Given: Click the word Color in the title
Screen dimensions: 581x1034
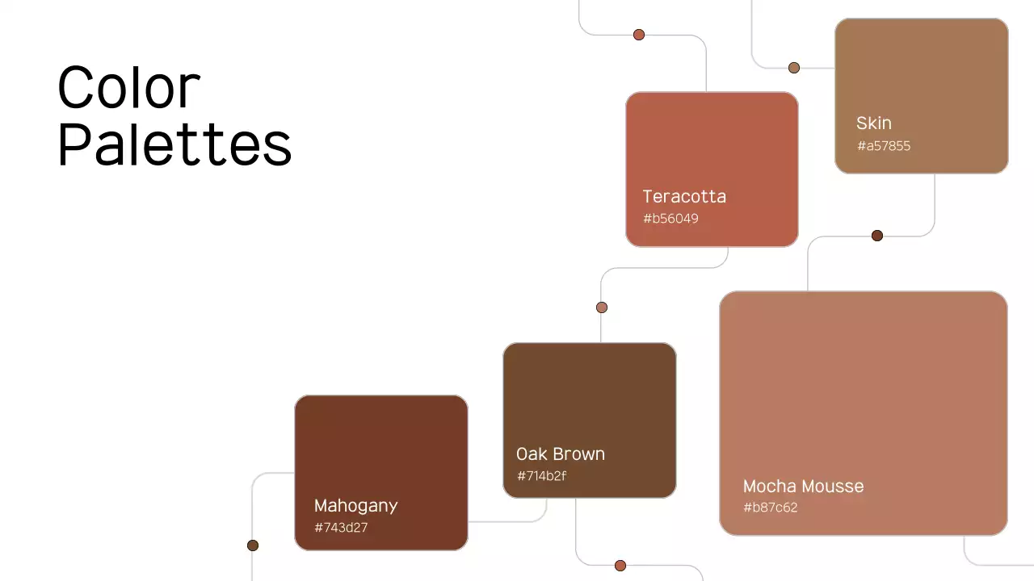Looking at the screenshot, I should (129, 87).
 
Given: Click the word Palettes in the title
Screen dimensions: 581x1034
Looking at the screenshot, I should (174, 145).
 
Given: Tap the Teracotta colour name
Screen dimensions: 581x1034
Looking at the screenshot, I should (684, 196).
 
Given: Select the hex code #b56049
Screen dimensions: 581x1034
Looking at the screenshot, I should (670, 219).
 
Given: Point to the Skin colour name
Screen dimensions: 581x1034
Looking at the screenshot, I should (874, 123).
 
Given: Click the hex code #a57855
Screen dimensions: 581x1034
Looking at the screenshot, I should (884, 146).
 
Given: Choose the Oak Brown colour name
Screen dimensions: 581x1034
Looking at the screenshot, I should (561, 454).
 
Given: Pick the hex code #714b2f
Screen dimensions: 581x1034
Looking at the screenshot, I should (541, 476).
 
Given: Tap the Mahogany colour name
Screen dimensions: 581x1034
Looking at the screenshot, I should (355, 506).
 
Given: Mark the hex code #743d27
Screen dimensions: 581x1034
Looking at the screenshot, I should (341, 528).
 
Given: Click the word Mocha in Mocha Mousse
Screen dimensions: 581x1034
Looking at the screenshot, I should (768, 487).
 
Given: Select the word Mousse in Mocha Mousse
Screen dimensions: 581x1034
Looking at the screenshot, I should (831, 487).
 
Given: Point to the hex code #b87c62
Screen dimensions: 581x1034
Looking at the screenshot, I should (770, 508).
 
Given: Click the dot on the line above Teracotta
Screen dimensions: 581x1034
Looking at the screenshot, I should (639, 35).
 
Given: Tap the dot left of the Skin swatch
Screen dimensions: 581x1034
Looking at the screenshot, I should (794, 68).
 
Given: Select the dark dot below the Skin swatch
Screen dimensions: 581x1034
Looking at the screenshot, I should (877, 236).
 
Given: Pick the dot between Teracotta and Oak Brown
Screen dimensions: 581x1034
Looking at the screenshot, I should (602, 307).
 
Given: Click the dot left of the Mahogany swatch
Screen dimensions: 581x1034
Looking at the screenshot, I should (253, 545).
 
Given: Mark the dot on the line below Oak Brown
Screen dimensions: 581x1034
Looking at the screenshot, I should (620, 566).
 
